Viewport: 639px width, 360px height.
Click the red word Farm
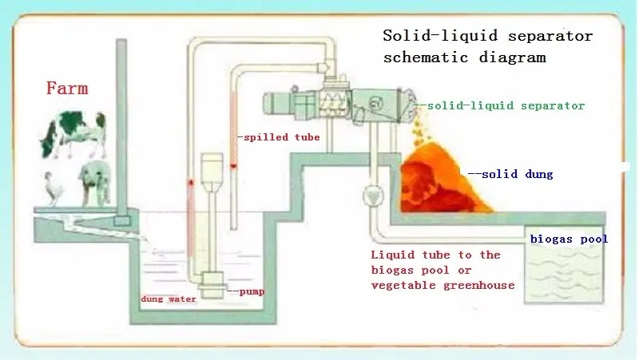click(x=66, y=88)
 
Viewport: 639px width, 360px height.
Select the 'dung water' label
click(x=169, y=299)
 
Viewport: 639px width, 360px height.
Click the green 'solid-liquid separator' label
click(x=505, y=105)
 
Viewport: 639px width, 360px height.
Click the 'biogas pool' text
click(x=569, y=239)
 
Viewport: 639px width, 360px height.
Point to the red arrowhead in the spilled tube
click(x=233, y=167)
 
